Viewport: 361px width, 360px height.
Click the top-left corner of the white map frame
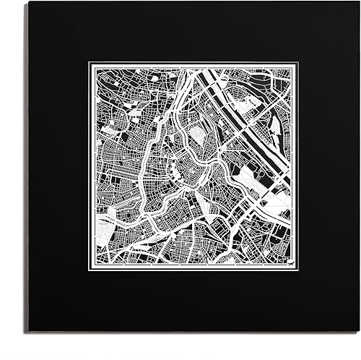click(x=89, y=62)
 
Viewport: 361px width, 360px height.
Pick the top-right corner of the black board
click(x=359, y=2)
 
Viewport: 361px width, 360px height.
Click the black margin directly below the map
click(x=193, y=304)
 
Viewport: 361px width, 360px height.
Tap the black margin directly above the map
click(x=193, y=33)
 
